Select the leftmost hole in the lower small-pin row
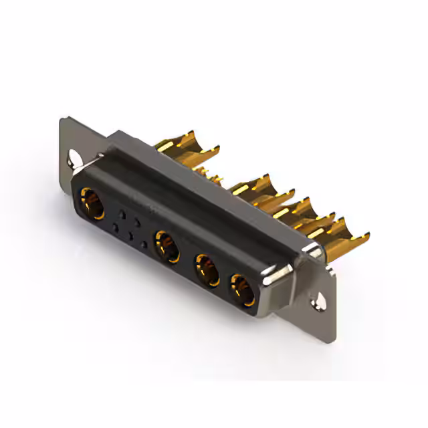point(116,228)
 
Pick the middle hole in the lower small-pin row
point(130,237)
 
